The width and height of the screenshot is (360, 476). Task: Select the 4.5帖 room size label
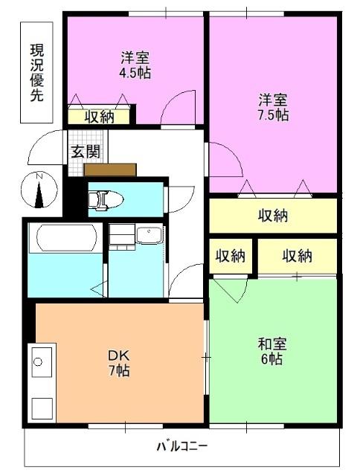pos(134,65)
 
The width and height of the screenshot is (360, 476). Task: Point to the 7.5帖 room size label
pos(273,108)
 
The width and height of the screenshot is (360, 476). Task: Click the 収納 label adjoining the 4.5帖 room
pos(98,115)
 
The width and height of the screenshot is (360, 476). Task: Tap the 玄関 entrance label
pos(82,151)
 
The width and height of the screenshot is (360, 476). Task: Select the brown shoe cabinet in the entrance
pos(110,170)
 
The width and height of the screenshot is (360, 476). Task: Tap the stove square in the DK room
pos(42,409)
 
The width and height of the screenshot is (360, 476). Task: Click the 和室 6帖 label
pos(271,351)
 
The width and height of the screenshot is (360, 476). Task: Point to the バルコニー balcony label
pos(182,447)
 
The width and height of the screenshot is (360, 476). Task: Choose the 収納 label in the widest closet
pos(273,216)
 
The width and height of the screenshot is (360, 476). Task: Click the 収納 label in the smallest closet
pos(231,256)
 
